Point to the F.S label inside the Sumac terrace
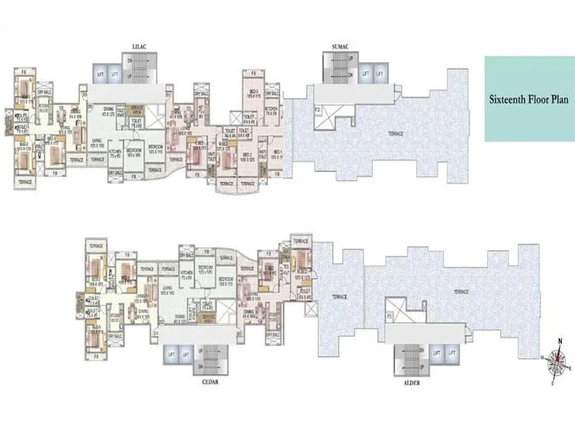click(316, 110)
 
